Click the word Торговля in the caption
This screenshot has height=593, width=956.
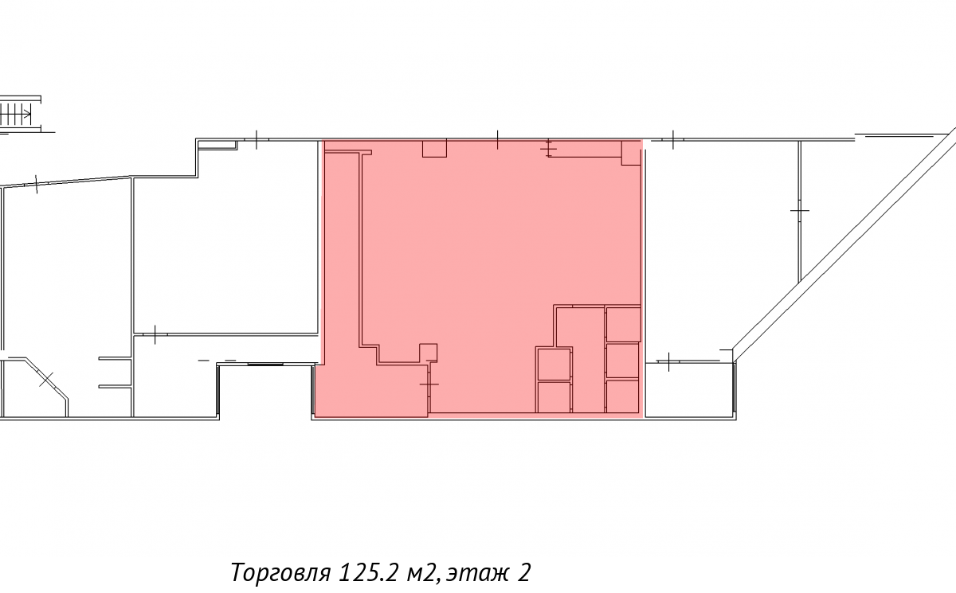(x=280, y=572)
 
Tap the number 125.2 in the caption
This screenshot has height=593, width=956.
(x=368, y=572)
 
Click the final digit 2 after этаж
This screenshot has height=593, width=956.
(x=524, y=572)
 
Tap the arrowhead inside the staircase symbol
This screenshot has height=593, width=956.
(x=28, y=115)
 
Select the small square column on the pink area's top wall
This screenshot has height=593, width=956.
(x=434, y=148)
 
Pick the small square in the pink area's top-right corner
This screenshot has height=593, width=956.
(x=631, y=153)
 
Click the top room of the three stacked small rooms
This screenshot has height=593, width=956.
(x=623, y=324)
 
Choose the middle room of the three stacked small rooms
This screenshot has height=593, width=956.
(x=623, y=361)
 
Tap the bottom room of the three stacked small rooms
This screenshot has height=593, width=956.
(x=623, y=396)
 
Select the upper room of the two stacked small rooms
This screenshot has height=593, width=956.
(x=554, y=364)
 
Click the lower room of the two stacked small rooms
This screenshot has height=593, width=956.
(x=554, y=397)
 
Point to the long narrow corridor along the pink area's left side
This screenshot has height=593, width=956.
(x=343, y=256)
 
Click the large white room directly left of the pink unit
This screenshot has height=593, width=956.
(x=226, y=256)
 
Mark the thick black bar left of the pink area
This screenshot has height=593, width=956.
(x=265, y=364)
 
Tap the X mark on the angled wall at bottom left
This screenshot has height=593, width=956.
(x=46, y=380)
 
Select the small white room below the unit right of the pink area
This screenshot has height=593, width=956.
(x=689, y=390)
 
